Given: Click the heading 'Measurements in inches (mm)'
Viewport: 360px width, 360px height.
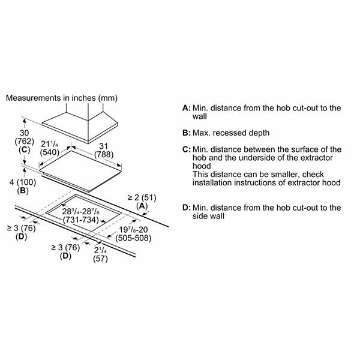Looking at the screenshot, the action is pos(62,98).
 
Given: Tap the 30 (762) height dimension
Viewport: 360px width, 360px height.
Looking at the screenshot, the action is pos(24,137).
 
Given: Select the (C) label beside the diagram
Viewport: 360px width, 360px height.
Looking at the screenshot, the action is pos(24,149).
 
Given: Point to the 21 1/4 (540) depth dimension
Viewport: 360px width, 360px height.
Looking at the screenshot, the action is pos(50,148).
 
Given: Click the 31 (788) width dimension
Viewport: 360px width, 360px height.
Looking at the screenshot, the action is pos(104,151).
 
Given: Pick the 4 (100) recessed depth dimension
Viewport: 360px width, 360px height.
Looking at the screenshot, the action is pos(23,182).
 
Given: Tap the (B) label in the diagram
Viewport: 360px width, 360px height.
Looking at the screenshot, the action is pos(23,191).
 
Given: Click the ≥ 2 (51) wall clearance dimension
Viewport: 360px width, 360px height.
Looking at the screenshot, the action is pos(142,197).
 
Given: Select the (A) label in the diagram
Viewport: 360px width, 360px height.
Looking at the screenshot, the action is pos(142,206).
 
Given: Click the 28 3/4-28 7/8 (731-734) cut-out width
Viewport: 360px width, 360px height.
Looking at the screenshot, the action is pos(80,215).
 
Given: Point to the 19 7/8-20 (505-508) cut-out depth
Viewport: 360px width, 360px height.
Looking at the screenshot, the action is pos(133,234).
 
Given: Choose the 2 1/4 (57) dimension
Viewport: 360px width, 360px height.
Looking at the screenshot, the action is pos(100,254).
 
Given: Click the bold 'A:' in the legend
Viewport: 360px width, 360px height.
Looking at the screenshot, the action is pos(187,108).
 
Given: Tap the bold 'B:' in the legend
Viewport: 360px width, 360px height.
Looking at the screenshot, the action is pos(187,133).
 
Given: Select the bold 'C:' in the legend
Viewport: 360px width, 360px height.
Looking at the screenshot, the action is pos(187,149).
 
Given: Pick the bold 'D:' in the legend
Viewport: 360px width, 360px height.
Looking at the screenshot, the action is pos(187,208).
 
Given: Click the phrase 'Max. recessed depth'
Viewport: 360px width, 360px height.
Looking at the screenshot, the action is pos(231,133).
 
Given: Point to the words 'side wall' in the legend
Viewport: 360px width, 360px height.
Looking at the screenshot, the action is pos(208,216).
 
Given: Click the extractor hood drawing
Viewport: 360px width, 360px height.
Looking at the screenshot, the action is pos(80,124).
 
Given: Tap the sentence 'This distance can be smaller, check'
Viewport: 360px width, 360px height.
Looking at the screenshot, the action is pos(258,175).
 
